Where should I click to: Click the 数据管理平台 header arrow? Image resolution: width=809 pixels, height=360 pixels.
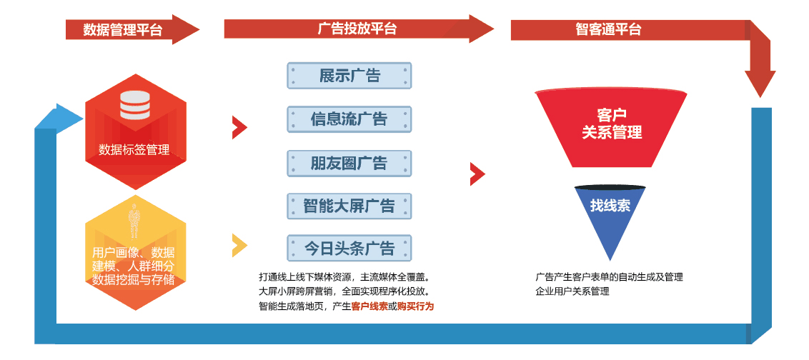coord(129,29)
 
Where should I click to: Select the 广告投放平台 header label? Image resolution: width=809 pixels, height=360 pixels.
coord(357,29)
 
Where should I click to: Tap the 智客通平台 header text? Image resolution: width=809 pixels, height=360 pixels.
coord(608,29)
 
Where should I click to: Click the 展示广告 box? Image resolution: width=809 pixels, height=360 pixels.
coord(349,76)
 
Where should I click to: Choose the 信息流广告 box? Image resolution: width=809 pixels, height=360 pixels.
coord(349,119)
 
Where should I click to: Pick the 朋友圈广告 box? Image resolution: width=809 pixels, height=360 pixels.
coord(349,164)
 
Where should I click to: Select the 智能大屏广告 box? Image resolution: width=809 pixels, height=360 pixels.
coord(349,207)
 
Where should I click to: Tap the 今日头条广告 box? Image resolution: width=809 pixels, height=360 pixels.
coord(349,249)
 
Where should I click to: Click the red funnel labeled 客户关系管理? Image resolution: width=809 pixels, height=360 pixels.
coord(612,125)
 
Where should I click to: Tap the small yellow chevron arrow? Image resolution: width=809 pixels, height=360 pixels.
coord(239,245)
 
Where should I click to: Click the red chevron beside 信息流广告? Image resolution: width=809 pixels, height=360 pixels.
coord(239,128)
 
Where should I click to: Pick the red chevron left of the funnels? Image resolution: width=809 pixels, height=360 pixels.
coord(477,174)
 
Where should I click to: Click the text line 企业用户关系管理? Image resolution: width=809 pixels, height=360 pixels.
coord(572,291)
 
